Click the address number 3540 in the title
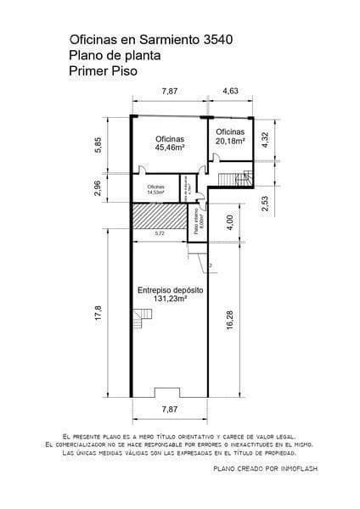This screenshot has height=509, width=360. (x=211, y=40)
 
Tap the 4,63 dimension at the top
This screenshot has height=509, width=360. (x=231, y=90)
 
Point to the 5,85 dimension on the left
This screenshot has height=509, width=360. (x=98, y=145)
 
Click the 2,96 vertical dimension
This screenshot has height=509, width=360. (x=98, y=188)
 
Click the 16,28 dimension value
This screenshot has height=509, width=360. (x=229, y=328)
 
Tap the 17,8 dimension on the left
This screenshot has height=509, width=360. (x=98, y=313)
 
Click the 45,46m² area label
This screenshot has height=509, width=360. (x=170, y=147)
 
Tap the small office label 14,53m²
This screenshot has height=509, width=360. (x=155, y=192)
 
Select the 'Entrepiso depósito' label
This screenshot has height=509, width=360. (x=170, y=289)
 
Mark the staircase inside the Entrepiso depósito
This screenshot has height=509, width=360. (x=143, y=320)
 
